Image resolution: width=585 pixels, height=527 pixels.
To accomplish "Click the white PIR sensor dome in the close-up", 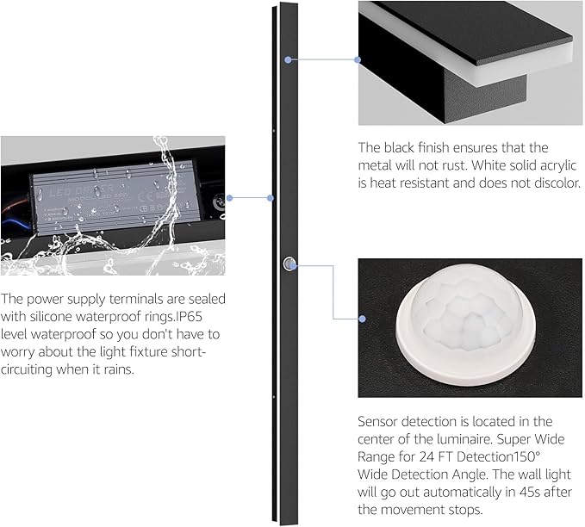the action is tap(465, 325).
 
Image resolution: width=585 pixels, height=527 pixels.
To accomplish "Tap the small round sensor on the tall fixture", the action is tap(289, 263).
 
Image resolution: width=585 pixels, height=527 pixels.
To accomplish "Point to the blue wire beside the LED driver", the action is tap(16, 223).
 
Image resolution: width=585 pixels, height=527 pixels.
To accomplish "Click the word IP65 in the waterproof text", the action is tap(188, 316).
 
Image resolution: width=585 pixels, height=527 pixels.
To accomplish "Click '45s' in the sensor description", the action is tap(530, 492).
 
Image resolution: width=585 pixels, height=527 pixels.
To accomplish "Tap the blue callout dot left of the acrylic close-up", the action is tap(358, 59).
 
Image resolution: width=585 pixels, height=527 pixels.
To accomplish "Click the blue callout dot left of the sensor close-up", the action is tap(362, 319).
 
